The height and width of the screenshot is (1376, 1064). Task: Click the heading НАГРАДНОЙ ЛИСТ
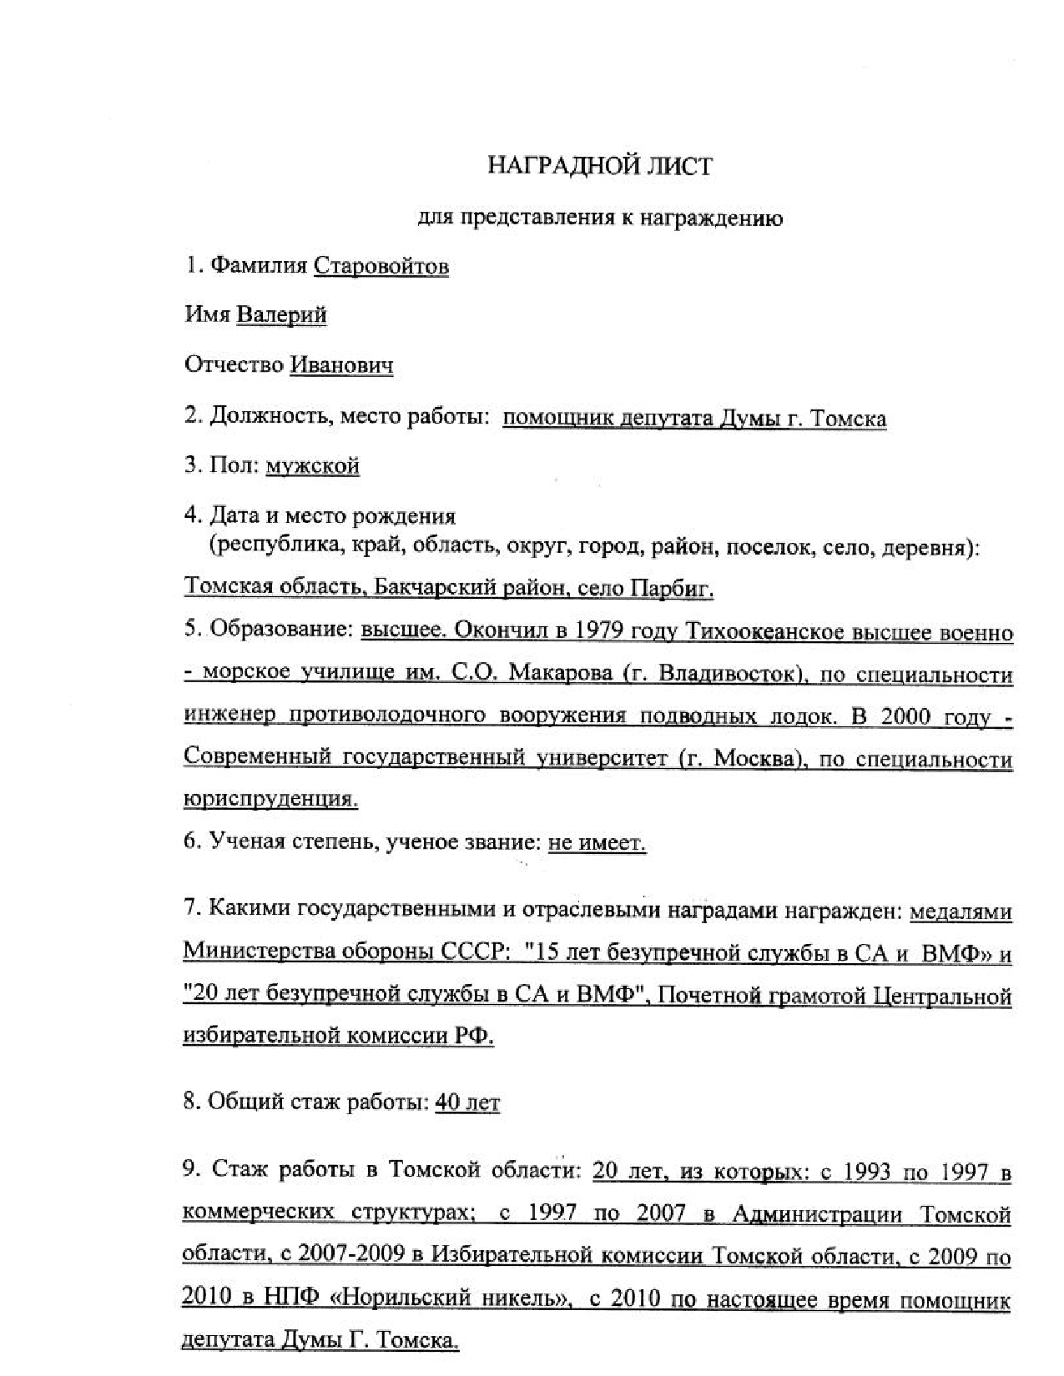pos(600,166)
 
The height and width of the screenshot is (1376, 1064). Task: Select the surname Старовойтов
pos(381,266)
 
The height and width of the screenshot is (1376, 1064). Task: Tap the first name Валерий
pos(281,314)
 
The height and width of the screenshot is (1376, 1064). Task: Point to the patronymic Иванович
pos(341,365)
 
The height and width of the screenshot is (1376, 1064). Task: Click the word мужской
pos(312,465)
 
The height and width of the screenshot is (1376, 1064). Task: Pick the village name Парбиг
pos(672,589)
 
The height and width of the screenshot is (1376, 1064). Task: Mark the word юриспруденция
pos(270,799)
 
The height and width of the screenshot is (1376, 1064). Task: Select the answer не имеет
pos(597,843)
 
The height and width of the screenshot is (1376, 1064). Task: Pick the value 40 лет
pos(467,1102)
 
